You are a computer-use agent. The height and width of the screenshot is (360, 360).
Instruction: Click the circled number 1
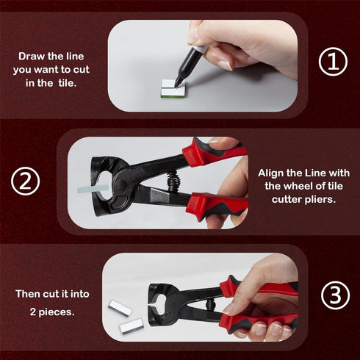tap(332, 62)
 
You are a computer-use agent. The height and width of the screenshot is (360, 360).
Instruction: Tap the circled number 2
tap(26, 182)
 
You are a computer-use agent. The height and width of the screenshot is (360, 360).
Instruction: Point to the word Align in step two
tap(273, 171)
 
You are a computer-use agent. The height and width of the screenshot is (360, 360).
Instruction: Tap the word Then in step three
tap(29, 294)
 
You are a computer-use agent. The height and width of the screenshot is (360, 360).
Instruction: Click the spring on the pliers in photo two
tap(175, 179)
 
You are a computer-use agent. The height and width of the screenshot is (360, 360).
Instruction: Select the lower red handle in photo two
tap(220, 205)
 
